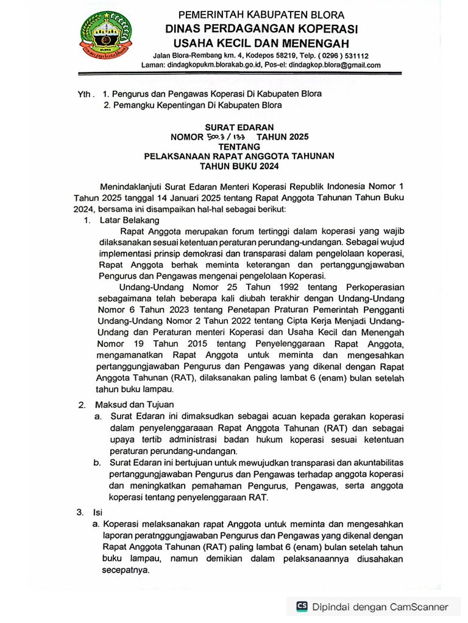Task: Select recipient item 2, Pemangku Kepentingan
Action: (x=193, y=105)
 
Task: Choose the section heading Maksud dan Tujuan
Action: (x=134, y=405)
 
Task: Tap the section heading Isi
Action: (x=97, y=512)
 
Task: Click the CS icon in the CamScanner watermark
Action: (x=302, y=606)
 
